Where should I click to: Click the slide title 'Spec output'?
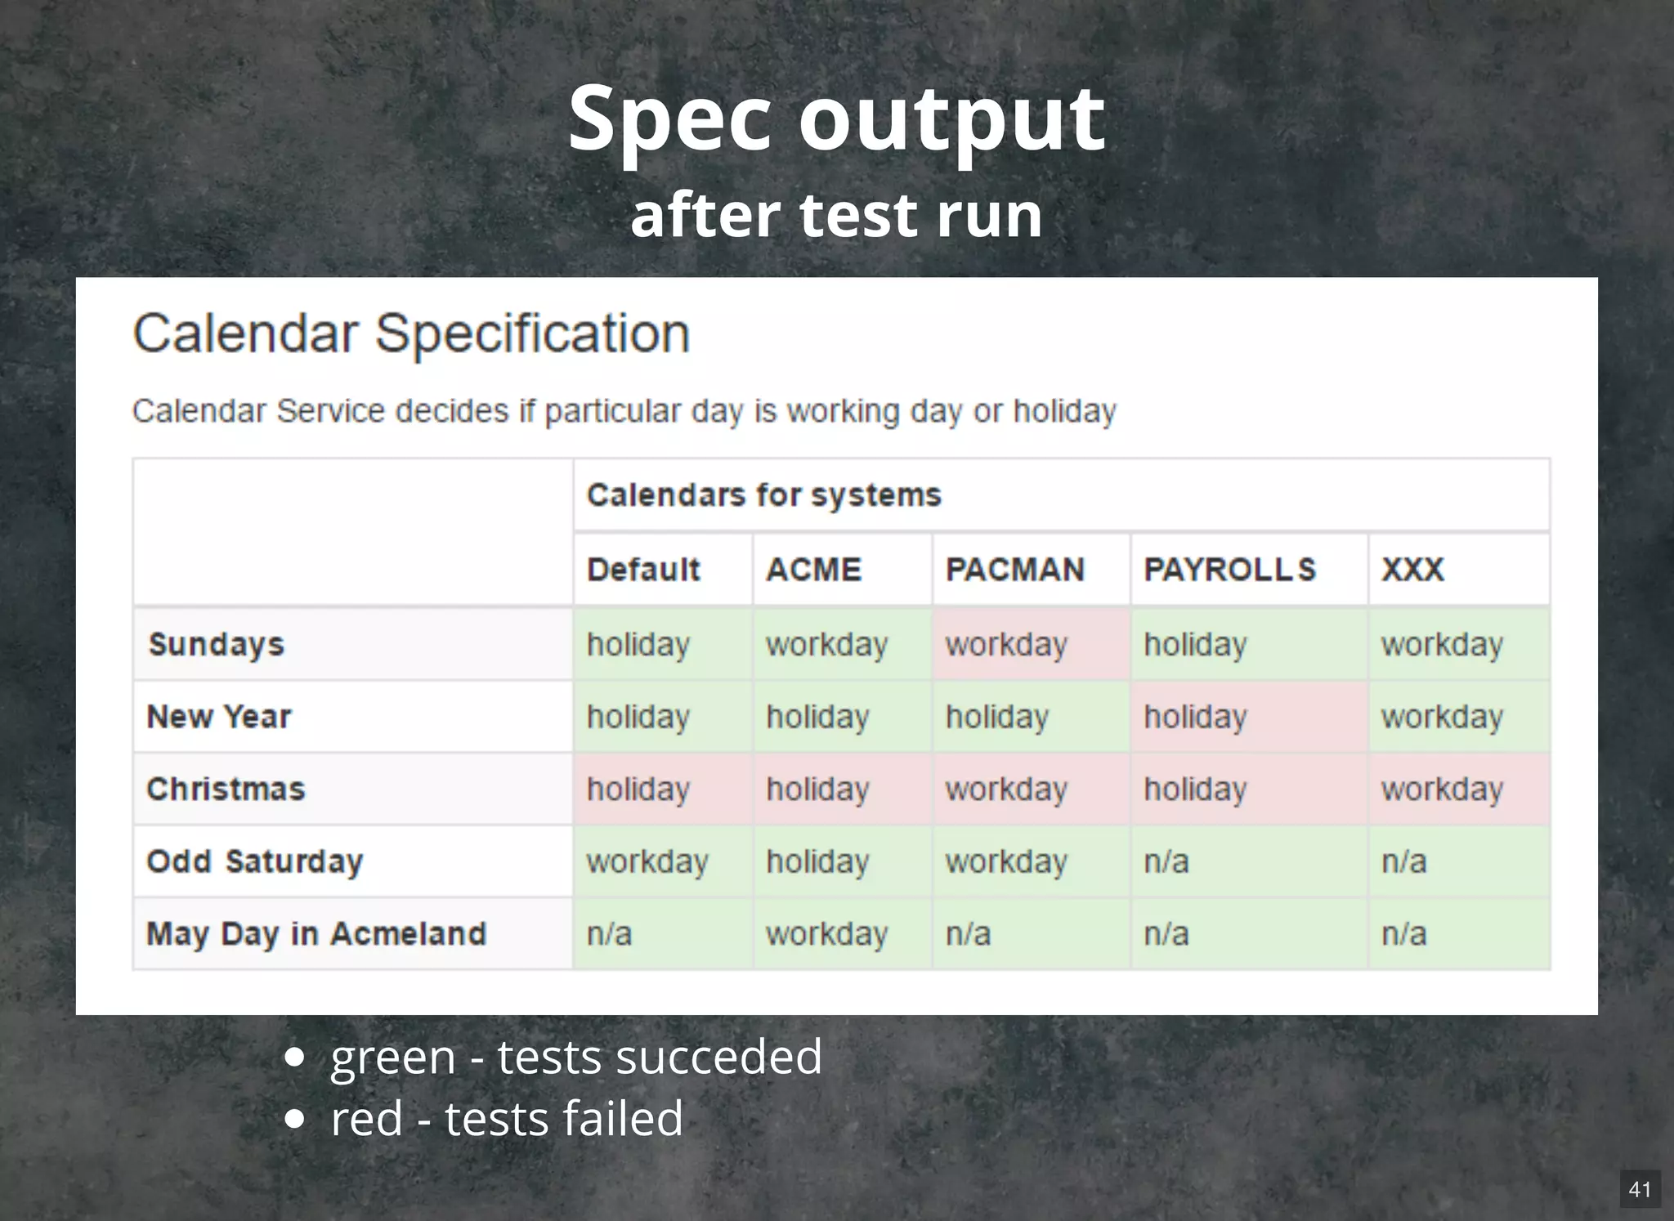point(836,119)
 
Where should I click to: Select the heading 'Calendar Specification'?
point(411,333)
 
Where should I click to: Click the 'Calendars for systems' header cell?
point(763,495)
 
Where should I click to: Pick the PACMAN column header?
point(1014,570)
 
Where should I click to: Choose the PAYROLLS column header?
point(1229,570)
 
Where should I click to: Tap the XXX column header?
point(1412,570)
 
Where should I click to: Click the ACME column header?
point(813,570)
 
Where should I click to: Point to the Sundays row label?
point(216,644)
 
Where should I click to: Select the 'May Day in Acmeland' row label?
point(316,933)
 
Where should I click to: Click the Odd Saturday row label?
point(254,861)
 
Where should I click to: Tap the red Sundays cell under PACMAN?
point(1030,644)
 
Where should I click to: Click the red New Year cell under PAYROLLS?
point(1248,717)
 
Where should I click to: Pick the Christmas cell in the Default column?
point(662,789)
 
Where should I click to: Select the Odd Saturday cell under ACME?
point(841,861)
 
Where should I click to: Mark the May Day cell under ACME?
point(841,933)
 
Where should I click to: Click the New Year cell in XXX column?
point(1458,717)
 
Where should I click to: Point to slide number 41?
point(1640,1189)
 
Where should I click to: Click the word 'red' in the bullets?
point(366,1118)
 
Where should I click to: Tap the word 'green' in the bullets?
point(392,1058)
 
